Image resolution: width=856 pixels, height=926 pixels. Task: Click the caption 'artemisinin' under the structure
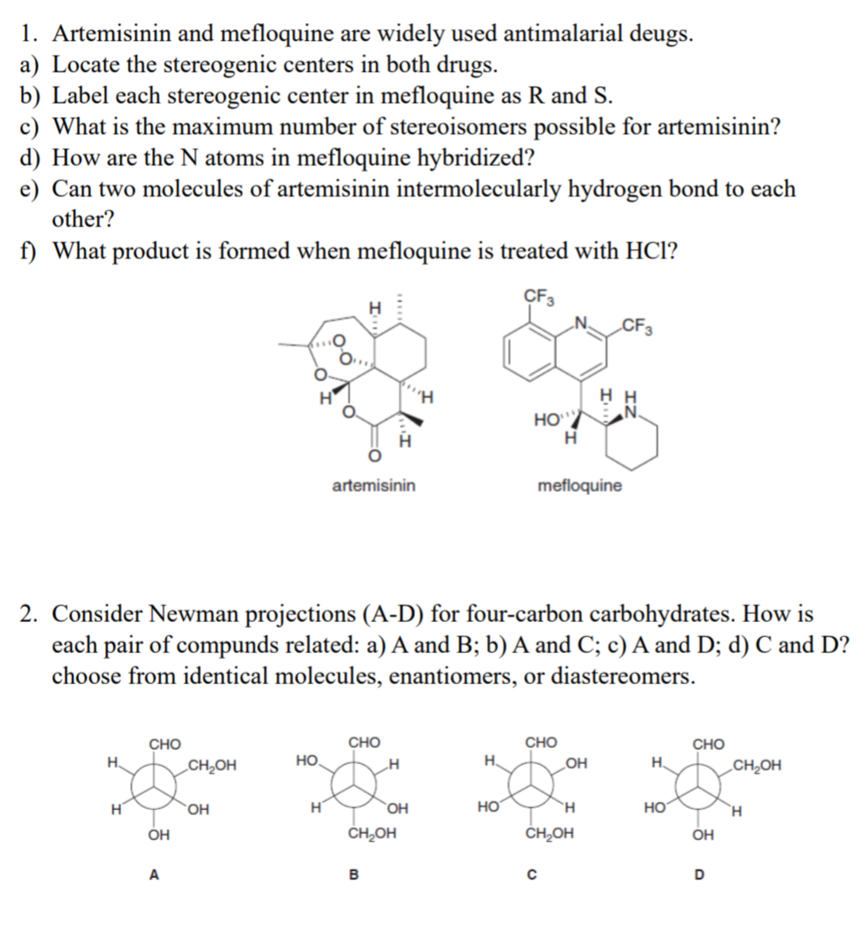pos(373,485)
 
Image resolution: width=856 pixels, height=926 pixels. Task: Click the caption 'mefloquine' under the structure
pos(580,485)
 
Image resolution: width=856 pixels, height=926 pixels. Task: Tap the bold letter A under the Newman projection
pos(154,876)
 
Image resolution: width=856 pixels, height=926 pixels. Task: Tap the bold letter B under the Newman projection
pos(353,876)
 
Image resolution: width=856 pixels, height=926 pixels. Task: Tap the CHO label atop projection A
pos(164,743)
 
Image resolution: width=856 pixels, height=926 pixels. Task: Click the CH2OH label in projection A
pos(212,765)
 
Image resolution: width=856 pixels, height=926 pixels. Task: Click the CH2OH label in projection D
pos(756,765)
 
